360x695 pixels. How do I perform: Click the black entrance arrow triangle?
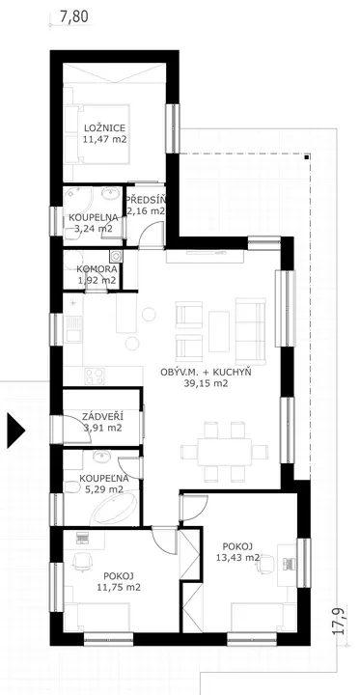tap(14, 430)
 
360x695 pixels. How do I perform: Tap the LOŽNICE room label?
tap(104, 128)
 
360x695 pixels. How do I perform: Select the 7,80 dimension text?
tap(74, 16)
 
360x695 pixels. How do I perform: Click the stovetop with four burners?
tap(95, 375)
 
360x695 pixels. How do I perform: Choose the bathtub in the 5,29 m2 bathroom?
tap(114, 511)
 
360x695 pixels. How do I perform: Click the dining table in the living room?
tap(224, 452)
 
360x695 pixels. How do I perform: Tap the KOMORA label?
tap(97, 269)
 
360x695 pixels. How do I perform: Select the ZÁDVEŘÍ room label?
tap(102, 416)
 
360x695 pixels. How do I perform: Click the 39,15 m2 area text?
tap(206, 384)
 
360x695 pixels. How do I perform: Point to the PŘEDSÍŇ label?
tap(146, 200)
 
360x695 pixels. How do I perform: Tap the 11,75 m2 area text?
tap(119, 587)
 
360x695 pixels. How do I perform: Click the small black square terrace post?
tap(307, 156)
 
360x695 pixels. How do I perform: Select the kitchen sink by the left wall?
tap(72, 329)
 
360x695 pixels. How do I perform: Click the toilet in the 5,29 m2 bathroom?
tap(70, 487)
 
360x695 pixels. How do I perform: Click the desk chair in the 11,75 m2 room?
tap(82, 562)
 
